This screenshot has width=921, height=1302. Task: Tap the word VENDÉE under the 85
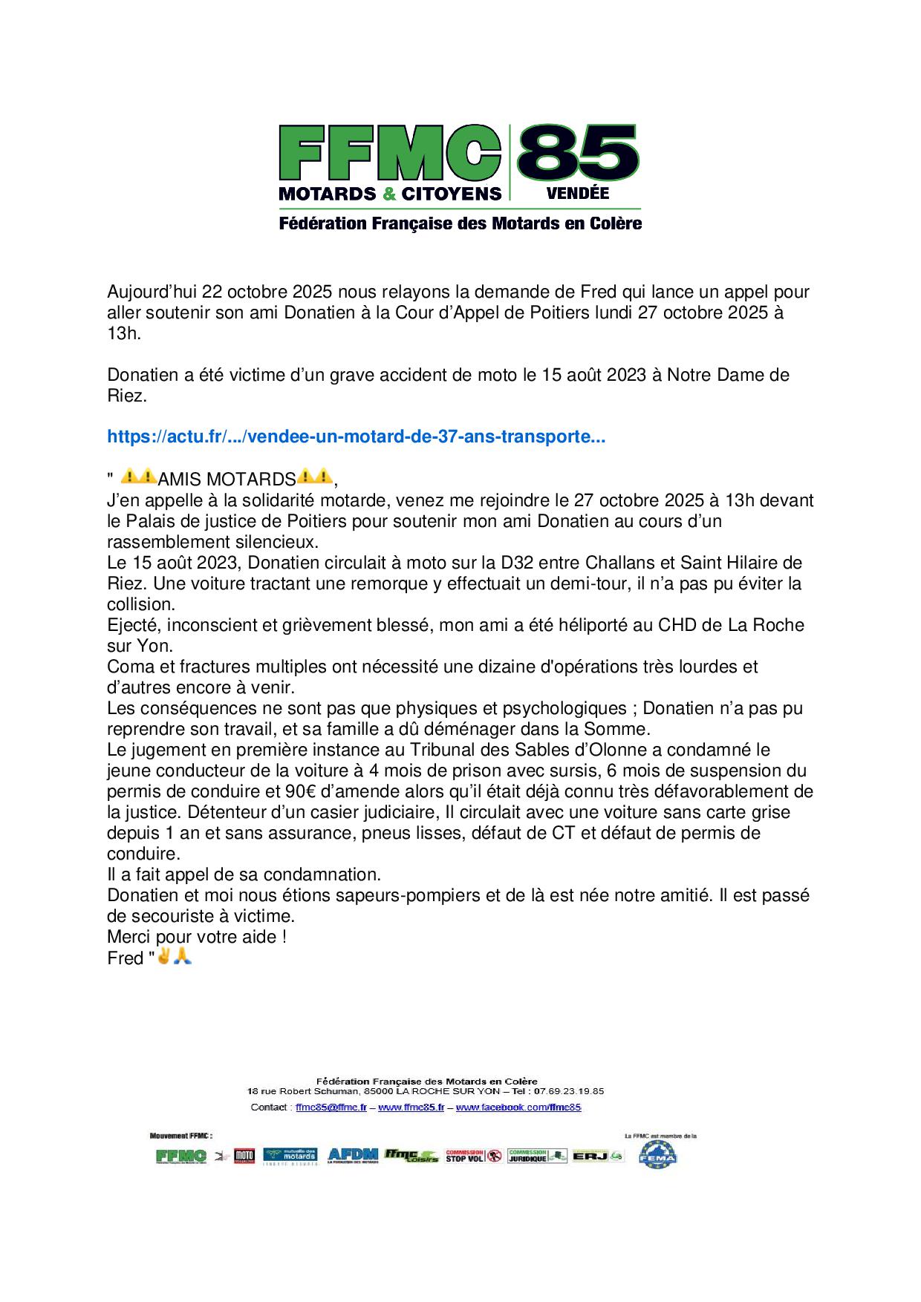click(x=577, y=193)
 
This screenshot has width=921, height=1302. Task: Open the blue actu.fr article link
click(x=356, y=438)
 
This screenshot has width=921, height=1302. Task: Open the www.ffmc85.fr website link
click(x=411, y=1107)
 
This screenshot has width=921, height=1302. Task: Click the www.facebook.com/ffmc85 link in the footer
click(x=518, y=1107)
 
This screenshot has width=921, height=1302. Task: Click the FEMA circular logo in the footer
click(x=658, y=1157)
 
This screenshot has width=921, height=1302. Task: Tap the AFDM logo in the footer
click(x=353, y=1156)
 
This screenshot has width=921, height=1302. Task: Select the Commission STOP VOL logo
click(x=473, y=1156)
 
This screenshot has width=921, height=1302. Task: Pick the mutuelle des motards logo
click(x=290, y=1156)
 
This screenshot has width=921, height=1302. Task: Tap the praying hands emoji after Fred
click(x=183, y=958)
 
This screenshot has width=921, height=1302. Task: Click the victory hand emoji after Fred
click(x=163, y=958)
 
